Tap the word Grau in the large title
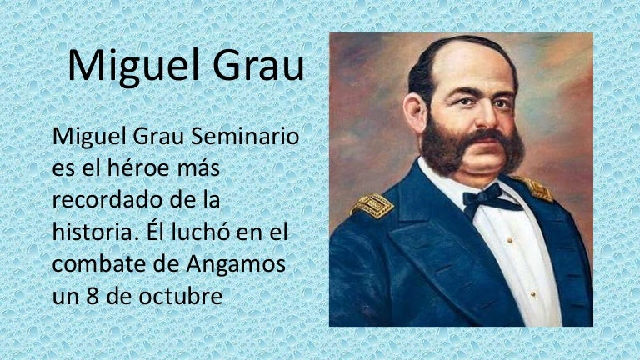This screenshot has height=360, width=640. (258, 65)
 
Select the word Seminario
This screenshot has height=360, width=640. (245, 137)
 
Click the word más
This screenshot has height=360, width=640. (199, 168)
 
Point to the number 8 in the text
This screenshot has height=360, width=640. (92, 296)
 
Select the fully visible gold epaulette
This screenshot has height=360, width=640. (372, 205)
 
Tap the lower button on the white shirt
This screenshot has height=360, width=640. (532, 294)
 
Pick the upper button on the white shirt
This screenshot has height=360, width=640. (510, 241)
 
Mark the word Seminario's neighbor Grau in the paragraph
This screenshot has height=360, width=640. (158, 137)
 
